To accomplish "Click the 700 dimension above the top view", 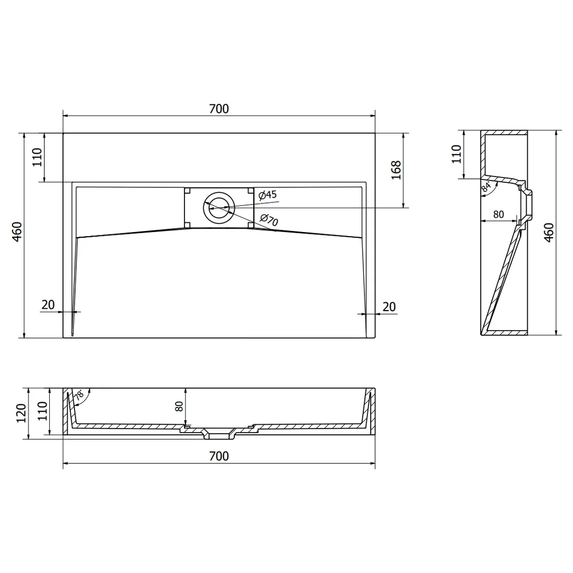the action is tap(219, 108).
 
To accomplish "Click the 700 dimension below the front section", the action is tap(219, 456).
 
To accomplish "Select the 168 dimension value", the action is tap(396, 170).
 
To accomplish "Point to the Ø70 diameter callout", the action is tap(269, 219).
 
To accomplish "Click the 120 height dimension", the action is tap(21, 413).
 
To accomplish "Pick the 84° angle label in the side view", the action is tap(486, 187).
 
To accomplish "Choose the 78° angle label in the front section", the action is tap(79, 395).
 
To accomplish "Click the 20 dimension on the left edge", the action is tap(48, 305).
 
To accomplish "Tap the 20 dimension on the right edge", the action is tap(389, 307).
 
